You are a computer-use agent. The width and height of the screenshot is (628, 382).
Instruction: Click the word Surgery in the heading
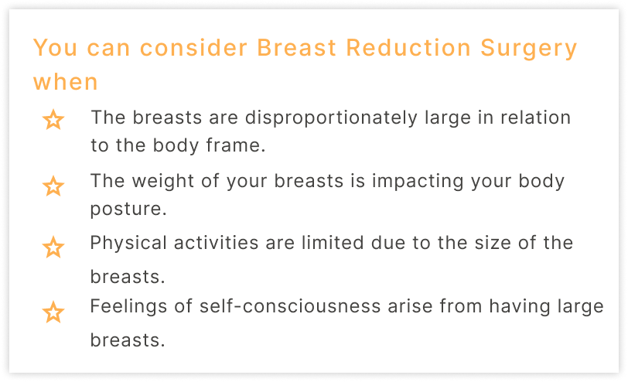coord(528,49)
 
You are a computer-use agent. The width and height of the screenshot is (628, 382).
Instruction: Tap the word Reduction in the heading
coord(408,48)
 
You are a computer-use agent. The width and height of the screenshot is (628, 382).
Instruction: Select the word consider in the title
coord(193,48)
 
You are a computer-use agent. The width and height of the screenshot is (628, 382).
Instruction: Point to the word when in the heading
coord(65,82)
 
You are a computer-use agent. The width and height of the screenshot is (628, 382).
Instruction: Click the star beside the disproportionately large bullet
coord(53,120)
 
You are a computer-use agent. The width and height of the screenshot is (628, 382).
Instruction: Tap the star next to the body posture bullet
coord(53,186)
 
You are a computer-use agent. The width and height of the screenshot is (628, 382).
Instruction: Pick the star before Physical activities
coord(53,247)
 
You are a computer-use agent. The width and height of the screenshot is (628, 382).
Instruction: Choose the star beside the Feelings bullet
coord(53,312)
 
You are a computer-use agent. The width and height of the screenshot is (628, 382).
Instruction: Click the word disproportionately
coord(331,118)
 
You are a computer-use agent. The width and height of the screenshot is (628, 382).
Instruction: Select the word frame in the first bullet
coord(236,145)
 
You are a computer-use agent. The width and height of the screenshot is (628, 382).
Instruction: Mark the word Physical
coord(128,244)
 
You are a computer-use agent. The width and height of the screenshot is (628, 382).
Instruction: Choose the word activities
coord(217,243)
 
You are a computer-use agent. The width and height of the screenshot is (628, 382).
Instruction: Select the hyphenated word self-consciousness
coord(290,306)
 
